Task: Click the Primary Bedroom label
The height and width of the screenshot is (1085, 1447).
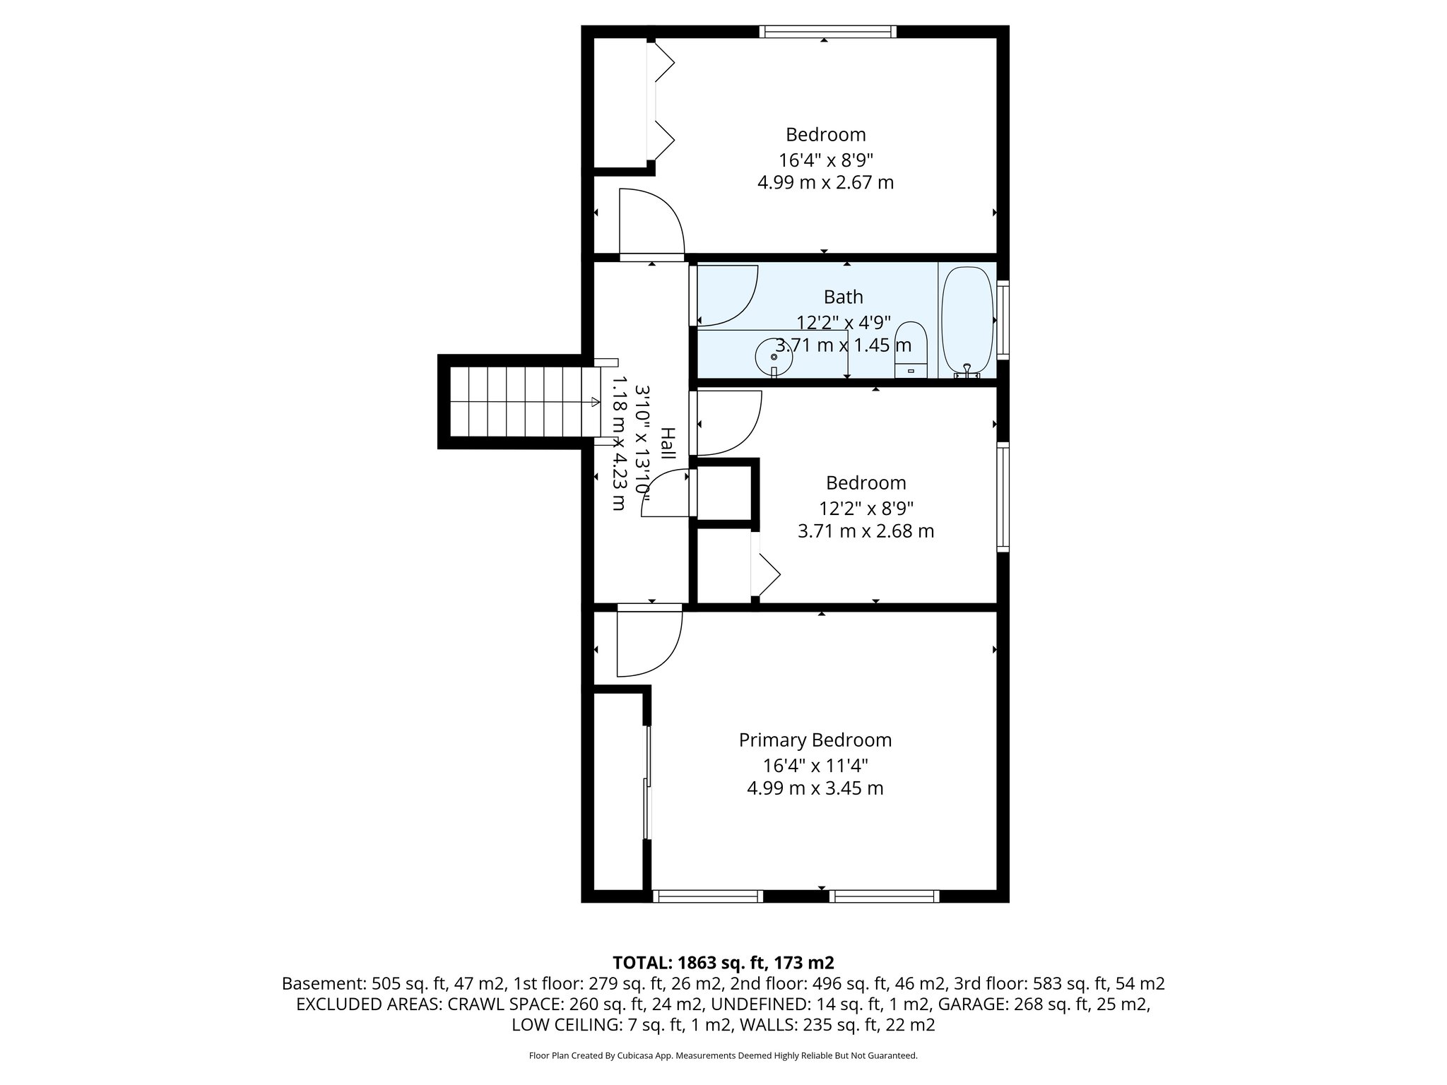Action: [x=815, y=740]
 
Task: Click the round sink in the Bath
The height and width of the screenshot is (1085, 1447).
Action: [x=774, y=357]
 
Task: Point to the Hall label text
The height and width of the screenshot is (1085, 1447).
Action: [x=668, y=443]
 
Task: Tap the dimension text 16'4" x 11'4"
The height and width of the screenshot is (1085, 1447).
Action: [x=815, y=765]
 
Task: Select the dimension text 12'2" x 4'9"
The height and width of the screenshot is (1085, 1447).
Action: [x=844, y=322]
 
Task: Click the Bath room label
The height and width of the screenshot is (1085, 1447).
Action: [x=843, y=297]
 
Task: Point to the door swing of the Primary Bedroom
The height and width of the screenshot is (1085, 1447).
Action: [x=646, y=643]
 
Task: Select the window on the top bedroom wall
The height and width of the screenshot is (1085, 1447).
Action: [x=827, y=32]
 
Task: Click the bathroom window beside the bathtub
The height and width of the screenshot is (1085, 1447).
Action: [x=1003, y=319]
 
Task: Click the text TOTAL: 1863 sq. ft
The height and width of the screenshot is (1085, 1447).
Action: [x=723, y=962]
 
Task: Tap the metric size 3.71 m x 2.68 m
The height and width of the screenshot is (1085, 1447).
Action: [x=866, y=530]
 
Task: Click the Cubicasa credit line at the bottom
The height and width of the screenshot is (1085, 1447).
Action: [x=723, y=1055]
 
